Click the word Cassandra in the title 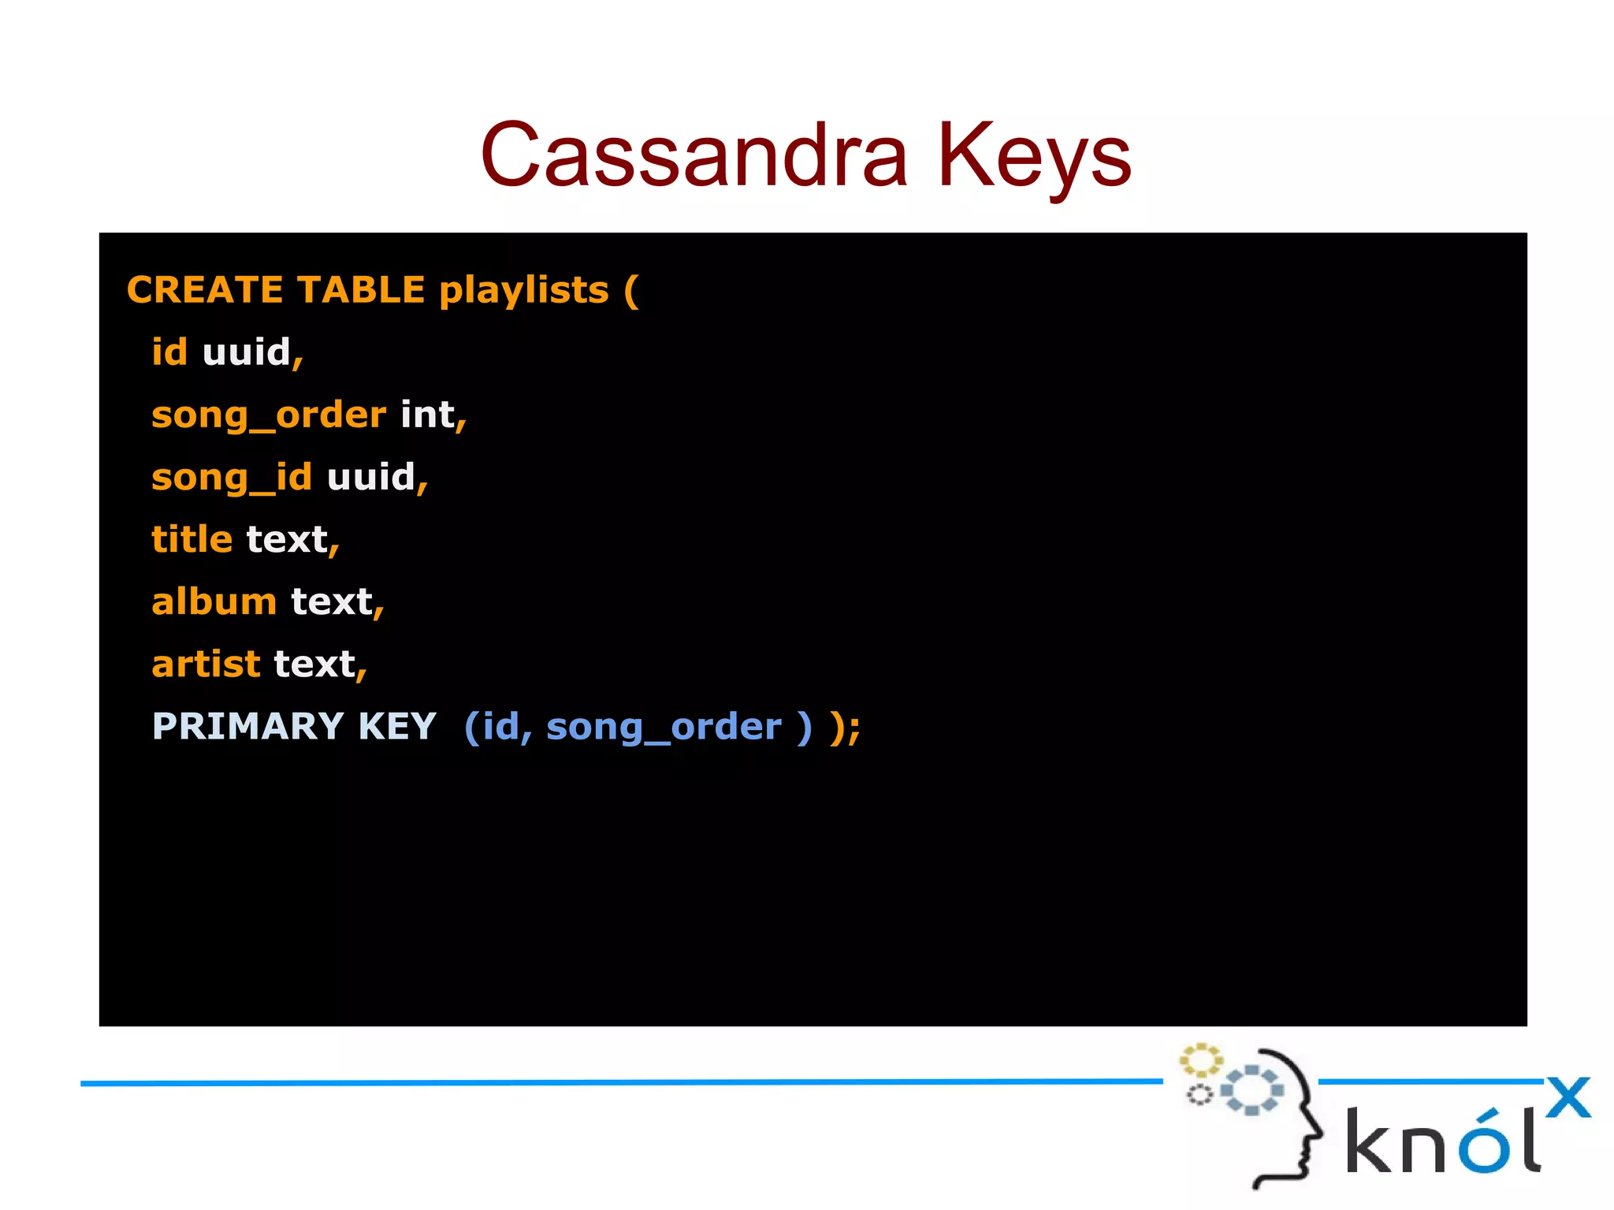tap(694, 155)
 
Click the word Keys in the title tap(1033, 155)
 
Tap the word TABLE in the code tap(361, 290)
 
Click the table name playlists tap(524, 290)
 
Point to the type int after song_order tap(427, 415)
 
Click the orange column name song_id tap(231, 478)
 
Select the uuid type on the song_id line tap(370, 477)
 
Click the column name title tap(192, 540)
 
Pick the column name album tap(214, 602)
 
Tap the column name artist tap(205, 665)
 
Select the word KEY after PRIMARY tap(396, 727)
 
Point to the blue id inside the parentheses tap(500, 727)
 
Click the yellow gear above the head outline tap(1200, 1061)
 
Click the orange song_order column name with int tap(268, 415)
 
